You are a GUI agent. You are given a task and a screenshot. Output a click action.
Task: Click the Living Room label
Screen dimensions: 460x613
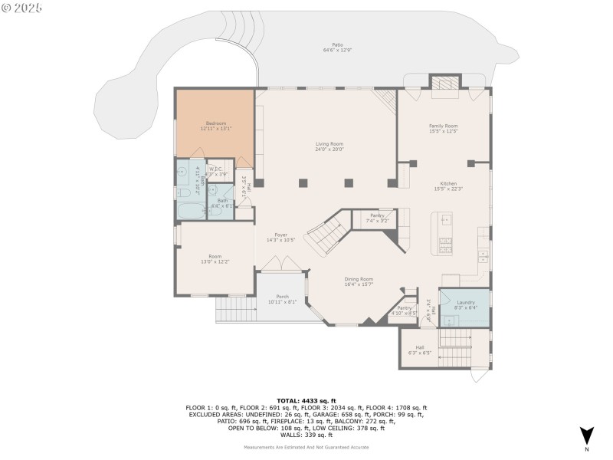tap(329, 144)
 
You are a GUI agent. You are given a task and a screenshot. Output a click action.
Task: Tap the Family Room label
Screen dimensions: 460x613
tap(443, 126)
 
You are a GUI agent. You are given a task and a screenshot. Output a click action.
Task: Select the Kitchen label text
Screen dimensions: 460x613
tap(448, 183)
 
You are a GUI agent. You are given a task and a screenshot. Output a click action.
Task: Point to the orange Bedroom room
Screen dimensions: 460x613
tap(215, 126)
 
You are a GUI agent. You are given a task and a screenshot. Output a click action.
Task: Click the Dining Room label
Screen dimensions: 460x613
tap(359, 280)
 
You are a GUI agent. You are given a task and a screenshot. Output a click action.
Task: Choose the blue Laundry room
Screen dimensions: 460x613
tap(465, 304)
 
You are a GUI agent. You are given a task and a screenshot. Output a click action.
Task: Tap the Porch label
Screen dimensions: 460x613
tap(283, 297)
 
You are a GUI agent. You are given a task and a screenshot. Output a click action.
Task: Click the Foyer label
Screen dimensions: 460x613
tap(280, 236)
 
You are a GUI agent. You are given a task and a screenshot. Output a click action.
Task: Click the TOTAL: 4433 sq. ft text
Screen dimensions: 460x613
tap(306, 401)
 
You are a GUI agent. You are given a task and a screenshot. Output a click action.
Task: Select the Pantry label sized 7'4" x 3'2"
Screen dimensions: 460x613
tap(377, 217)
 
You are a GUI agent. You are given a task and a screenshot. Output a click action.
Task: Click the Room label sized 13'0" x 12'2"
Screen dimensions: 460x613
tap(215, 258)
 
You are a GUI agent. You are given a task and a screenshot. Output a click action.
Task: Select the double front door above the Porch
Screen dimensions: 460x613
tap(282, 264)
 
